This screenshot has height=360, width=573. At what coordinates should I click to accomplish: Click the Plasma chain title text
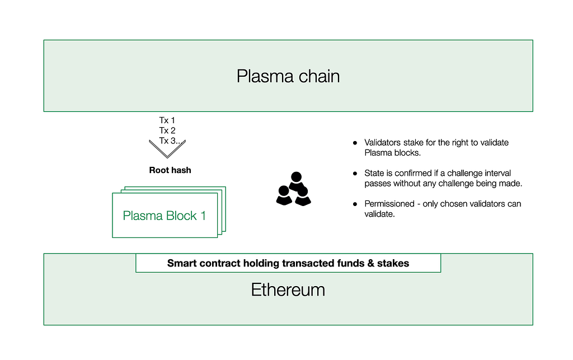coord(288,76)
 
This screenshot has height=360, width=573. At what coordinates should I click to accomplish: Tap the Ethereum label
coord(288,289)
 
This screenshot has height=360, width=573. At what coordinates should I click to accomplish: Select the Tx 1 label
coord(167,120)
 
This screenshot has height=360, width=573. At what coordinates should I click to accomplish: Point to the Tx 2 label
coord(167,130)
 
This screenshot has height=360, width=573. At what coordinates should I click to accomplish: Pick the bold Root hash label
coord(170,170)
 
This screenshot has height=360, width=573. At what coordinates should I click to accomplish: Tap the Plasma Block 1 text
coord(165,216)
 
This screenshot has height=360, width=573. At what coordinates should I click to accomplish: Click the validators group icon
coord(293,189)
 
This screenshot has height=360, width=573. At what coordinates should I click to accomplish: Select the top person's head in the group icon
coord(296,177)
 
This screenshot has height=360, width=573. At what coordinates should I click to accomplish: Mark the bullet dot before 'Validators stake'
coord(354,143)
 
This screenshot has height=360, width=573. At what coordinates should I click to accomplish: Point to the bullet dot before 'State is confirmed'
coord(354,174)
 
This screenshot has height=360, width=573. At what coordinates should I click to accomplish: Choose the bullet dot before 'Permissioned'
coord(354,204)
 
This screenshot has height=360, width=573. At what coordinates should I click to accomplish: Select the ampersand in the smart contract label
coord(371,263)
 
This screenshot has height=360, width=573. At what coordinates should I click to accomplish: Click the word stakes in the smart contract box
coord(393,263)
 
